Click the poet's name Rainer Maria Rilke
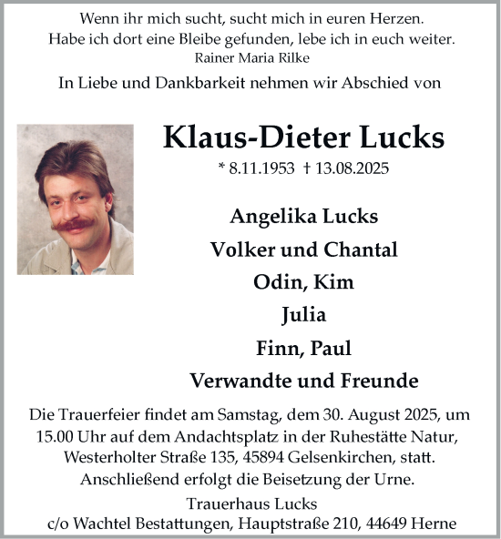250,56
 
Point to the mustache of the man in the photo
77,223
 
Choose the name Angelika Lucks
303,217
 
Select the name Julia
303,315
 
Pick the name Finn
277,348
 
